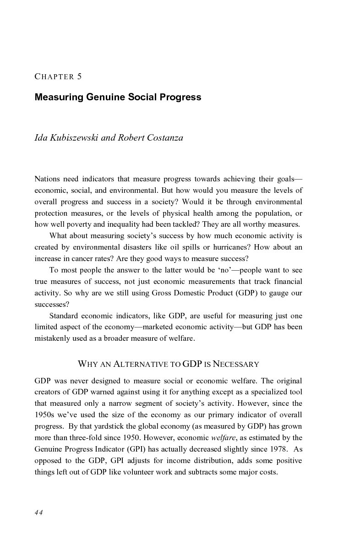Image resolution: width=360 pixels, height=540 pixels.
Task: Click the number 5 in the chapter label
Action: pyautogui.click(x=79, y=77)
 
